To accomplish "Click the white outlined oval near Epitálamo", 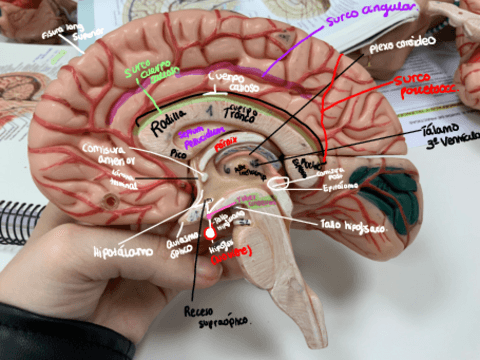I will pyautogui.click(x=303, y=182).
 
